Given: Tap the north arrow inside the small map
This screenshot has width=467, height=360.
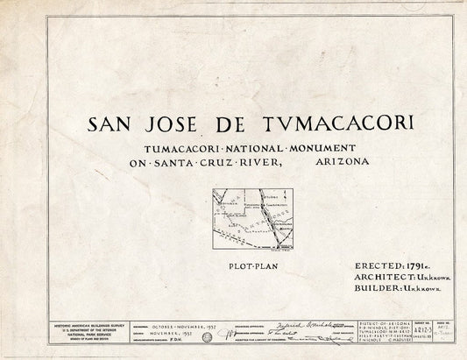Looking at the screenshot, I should tap(220, 198).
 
